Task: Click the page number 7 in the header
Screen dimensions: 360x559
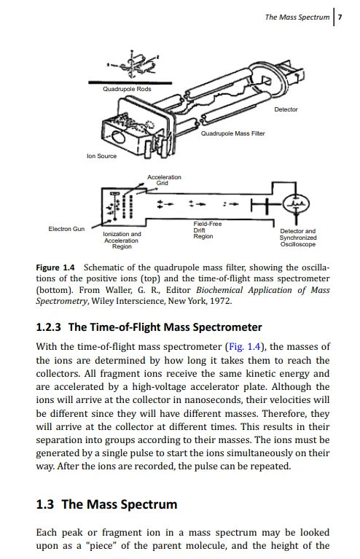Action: (x=340, y=17)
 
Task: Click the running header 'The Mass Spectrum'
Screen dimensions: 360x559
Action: (x=297, y=17)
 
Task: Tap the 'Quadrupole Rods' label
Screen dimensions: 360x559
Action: (x=127, y=89)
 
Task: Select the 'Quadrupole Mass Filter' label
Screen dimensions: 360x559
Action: (x=232, y=133)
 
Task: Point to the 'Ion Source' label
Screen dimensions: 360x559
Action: (x=101, y=156)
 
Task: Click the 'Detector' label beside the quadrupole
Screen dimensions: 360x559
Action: (x=286, y=109)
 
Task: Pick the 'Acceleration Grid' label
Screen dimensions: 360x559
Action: (x=164, y=180)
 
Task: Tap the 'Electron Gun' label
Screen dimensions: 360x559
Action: (x=66, y=229)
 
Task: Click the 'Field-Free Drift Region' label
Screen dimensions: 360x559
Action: (x=208, y=230)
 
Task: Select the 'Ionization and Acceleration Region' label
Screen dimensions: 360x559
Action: (x=122, y=241)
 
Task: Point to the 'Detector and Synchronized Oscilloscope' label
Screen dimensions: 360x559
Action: (x=298, y=238)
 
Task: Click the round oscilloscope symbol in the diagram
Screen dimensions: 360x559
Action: (x=296, y=204)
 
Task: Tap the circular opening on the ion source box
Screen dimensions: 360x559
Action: (x=118, y=136)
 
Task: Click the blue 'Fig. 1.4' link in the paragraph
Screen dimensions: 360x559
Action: (x=245, y=346)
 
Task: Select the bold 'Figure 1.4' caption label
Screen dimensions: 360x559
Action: (x=55, y=267)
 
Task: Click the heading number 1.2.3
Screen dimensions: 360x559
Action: (x=49, y=327)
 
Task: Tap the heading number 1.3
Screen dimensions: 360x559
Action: (x=45, y=504)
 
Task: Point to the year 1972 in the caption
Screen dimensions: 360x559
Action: (x=221, y=301)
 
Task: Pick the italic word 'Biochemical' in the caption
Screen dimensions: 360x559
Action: (x=219, y=290)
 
